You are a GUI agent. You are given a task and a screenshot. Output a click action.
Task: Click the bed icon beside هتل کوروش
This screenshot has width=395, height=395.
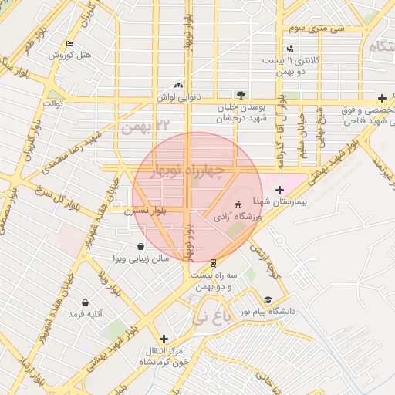pos(70,44)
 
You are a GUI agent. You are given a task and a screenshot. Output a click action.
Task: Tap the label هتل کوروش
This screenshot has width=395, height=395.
pos(70,56)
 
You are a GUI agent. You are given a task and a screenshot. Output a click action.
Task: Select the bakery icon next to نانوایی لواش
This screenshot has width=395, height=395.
pos(179,86)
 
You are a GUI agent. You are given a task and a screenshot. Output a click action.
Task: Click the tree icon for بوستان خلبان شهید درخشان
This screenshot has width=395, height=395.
pos(242,96)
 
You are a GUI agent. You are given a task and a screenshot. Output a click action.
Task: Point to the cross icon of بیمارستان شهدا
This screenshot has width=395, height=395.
pos(279,189)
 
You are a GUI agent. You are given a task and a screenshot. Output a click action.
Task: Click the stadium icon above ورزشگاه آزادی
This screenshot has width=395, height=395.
pos(237,205)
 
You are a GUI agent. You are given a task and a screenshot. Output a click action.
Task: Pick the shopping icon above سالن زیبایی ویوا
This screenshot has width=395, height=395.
pos(140,246)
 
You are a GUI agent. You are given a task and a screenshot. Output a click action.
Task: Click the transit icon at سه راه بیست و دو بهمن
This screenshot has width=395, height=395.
pos(213,262)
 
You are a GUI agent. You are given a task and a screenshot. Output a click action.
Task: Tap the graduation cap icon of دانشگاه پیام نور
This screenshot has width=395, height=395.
pos(268,300)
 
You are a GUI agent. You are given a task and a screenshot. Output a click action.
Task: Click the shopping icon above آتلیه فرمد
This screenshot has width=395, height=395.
pos(84,302)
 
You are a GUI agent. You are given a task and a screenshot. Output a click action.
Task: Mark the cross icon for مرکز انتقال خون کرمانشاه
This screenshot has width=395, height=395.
pos(163,339)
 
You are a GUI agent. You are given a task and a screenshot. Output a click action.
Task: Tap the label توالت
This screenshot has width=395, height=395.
pos(52,103)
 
